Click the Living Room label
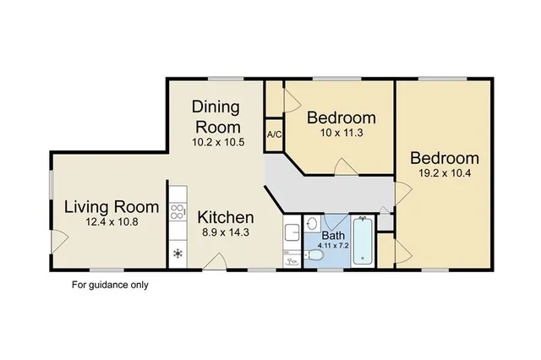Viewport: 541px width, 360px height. coord(112,207)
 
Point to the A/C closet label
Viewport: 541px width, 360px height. coord(274,134)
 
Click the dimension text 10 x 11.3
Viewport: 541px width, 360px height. coord(340,134)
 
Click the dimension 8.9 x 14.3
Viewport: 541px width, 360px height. coord(224,232)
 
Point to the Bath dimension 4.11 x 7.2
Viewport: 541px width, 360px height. coord(332,245)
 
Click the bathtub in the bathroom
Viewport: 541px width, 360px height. coord(363,242)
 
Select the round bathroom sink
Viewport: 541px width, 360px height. coord(312,224)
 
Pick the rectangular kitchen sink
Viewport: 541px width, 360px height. coord(291,232)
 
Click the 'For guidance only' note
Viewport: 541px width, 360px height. coord(110,285)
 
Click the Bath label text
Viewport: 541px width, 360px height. coord(332,236)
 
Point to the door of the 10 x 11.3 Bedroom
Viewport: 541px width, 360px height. coord(343,166)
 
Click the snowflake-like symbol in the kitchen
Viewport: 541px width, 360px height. coord(178,253)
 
